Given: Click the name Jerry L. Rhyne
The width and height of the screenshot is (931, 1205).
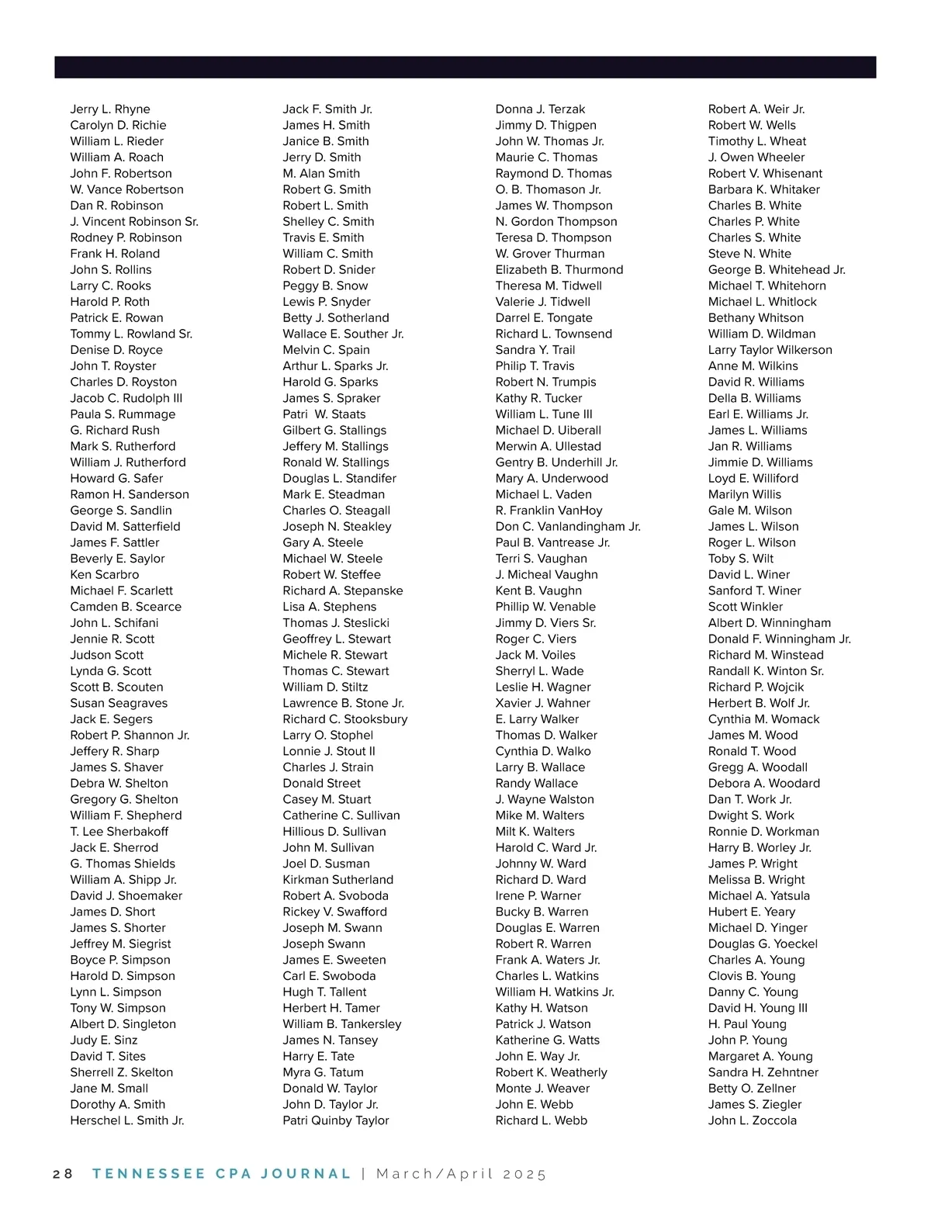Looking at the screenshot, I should [110, 109].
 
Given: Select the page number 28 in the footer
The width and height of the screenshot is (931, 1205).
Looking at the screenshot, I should [63, 1173].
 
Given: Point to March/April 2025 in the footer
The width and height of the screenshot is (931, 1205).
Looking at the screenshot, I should [462, 1173].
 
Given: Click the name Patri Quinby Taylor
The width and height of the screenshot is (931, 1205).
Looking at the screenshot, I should [336, 1120].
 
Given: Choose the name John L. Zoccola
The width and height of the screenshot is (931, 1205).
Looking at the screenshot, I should [752, 1120].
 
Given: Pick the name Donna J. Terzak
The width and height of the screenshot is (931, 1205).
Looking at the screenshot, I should [540, 109].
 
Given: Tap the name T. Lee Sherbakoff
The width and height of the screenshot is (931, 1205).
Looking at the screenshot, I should [119, 832].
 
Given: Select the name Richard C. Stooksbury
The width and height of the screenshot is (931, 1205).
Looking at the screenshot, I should [345, 719].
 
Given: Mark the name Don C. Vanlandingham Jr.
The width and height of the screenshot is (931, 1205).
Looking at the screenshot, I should [568, 526].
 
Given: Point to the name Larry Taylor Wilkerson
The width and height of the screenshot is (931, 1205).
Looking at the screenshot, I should [770, 350].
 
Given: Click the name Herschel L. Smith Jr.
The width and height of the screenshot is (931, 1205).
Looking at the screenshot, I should [127, 1120].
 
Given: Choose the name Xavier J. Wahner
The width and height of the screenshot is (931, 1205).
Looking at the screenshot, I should [543, 703].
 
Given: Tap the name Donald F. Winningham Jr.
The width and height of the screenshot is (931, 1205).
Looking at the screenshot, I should [779, 639].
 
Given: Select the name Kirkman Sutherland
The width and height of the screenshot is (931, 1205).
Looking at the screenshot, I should [338, 880].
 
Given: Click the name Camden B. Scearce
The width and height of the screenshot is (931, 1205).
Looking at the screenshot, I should [126, 607].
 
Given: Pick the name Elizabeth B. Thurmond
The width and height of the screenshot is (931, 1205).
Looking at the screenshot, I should [559, 270].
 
